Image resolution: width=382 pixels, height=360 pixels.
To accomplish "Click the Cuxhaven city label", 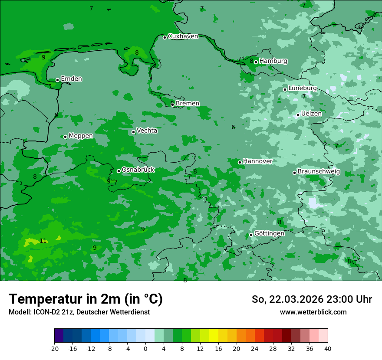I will click(x=183, y=36).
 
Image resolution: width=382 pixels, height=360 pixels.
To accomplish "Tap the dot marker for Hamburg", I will click(x=256, y=62).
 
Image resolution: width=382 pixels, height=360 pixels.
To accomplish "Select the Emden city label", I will click(x=71, y=79).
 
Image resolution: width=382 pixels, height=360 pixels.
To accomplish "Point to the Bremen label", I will click(x=188, y=104).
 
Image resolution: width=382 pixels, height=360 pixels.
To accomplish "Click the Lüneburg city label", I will click(x=303, y=88).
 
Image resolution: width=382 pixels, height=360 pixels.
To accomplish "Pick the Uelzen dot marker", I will click(x=298, y=115).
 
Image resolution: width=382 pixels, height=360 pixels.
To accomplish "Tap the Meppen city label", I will click(x=81, y=136).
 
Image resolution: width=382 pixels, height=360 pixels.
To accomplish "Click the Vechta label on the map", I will click(x=147, y=131).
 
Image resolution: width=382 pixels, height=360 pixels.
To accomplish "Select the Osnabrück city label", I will click(x=138, y=170).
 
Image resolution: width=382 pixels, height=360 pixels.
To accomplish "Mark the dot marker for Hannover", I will click(x=240, y=162).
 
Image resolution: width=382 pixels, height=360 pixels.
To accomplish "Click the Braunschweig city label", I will click(x=319, y=172).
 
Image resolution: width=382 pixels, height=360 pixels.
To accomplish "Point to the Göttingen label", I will click(x=269, y=233).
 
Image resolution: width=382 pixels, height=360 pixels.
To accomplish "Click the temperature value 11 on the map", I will click(x=43, y=241).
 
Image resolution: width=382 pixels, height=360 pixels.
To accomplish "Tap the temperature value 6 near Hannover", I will click(x=233, y=128).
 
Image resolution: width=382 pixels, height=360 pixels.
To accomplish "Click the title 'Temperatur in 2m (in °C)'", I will click(x=86, y=299).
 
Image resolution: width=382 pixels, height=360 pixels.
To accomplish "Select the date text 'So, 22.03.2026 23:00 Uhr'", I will click(x=312, y=299).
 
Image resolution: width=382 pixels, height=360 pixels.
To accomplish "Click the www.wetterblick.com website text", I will click(x=313, y=312).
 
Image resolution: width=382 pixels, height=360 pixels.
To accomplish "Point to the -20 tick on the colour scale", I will click(x=54, y=348).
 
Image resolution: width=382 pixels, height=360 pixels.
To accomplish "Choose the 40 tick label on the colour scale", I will click(x=327, y=348).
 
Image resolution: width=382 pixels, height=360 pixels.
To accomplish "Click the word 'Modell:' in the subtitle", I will click(x=20, y=312).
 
